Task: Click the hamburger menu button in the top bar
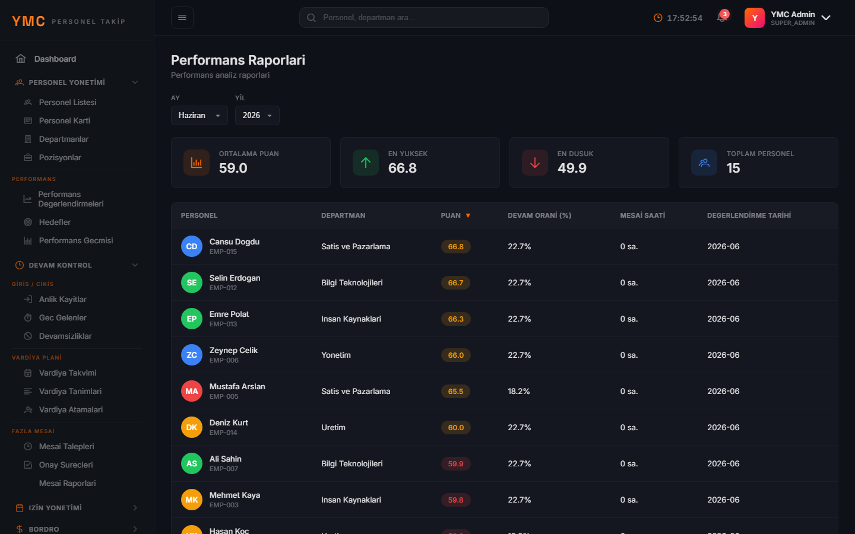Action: [182, 18]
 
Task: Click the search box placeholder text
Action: [369, 18]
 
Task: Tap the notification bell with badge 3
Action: [722, 17]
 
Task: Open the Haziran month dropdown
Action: [199, 115]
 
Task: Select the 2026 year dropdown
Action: [257, 115]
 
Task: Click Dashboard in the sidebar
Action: [55, 59]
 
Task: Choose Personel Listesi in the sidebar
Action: [68, 102]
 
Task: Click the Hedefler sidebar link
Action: [55, 222]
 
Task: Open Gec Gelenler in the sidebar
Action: [62, 318]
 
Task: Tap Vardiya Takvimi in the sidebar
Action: [68, 373]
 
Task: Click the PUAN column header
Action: [451, 215]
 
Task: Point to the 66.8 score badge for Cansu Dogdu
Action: [456, 246]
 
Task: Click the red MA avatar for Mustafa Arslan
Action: [192, 391]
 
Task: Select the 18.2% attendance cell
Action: [519, 391]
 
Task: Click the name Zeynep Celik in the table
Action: [233, 350]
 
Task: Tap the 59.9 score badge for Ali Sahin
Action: [456, 463]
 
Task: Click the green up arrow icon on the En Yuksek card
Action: [366, 163]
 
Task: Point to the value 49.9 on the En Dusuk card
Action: [572, 168]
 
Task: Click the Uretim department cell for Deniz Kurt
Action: [333, 427]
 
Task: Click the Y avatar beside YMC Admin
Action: [754, 18]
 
